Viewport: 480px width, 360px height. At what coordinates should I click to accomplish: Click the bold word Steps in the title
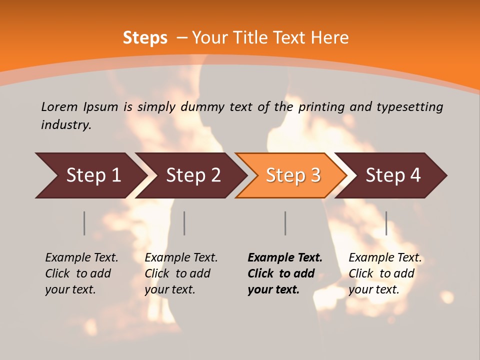click(145, 38)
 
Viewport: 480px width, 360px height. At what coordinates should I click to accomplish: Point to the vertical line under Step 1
click(84, 223)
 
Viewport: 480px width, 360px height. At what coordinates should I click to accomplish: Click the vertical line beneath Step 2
click(184, 223)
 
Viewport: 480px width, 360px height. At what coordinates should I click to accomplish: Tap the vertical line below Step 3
click(285, 223)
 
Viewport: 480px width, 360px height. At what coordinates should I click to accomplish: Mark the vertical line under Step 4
click(386, 223)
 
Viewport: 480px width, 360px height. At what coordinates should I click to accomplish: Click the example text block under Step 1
click(81, 273)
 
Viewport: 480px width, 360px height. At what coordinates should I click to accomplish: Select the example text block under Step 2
click(181, 273)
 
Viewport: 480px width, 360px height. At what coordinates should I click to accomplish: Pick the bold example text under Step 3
click(285, 273)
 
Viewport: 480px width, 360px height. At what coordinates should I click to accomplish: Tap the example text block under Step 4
click(385, 273)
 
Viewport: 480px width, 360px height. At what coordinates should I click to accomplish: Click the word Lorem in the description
click(59, 107)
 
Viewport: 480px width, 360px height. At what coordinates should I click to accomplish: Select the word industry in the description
click(66, 125)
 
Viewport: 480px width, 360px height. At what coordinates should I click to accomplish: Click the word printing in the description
click(321, 107)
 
